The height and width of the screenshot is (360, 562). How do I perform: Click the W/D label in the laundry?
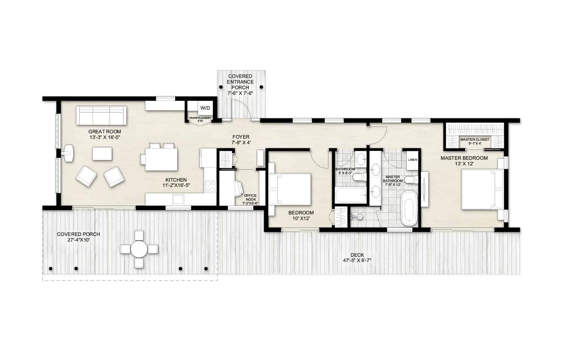pos(204,107)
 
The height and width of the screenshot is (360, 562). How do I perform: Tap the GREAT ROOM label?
pos(105,132)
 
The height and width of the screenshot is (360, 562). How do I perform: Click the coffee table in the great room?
pos(102,154)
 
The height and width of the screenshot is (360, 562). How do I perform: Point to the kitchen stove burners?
pos(210,186)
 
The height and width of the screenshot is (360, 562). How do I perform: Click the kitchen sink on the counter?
pos(178,200)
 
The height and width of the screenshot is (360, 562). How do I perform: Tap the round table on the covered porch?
pos(139,249)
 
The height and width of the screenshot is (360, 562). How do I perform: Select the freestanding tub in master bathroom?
pos(409,208)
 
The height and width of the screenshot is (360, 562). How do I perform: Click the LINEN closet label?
pos(413,160)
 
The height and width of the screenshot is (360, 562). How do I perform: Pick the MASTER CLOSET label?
pos(475,140)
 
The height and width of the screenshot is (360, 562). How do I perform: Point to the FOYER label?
pos(241,137)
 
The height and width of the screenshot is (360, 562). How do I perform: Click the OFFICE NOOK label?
pos(250,197)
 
